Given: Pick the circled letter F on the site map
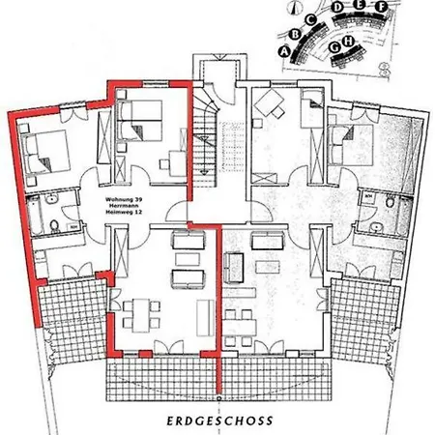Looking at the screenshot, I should click(x=384, y=8).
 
